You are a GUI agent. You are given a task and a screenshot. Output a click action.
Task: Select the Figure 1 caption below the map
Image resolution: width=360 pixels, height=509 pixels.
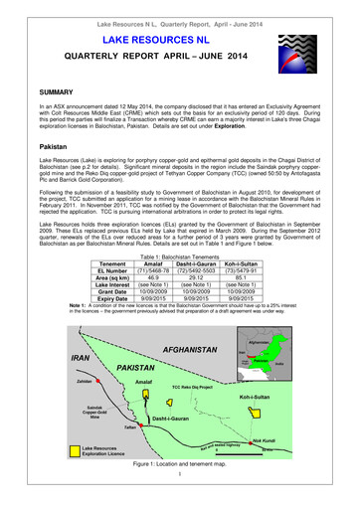coord(180,494)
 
